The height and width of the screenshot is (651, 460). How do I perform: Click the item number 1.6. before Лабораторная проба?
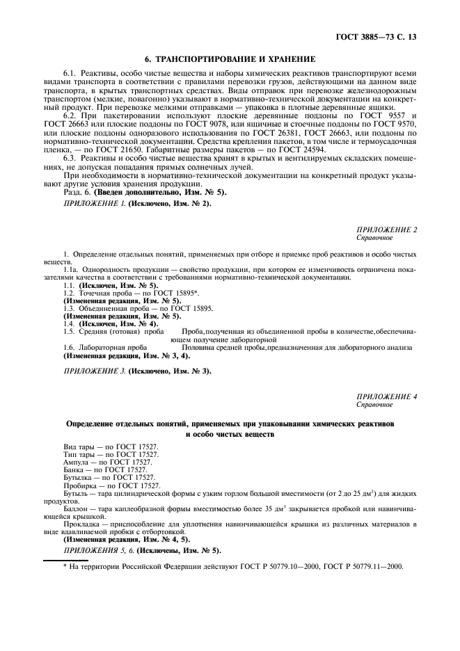point(69,346)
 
